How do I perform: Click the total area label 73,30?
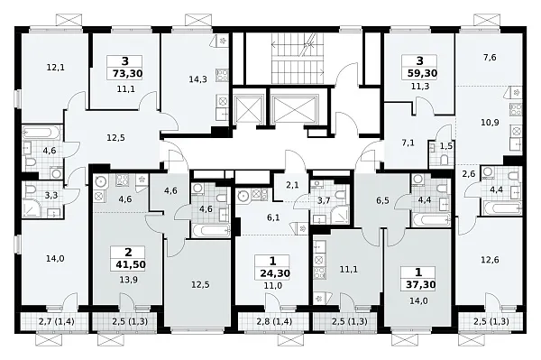coord(128,73)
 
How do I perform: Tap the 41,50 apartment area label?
coord(128,264)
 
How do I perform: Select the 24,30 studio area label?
coord(275,273)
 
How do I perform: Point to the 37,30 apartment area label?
coord(418,284)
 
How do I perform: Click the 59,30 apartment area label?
coord(420,73)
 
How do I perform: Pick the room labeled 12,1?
coord(55,68)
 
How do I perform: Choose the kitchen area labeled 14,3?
coord(197,79)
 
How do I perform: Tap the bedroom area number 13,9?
coord(128,279)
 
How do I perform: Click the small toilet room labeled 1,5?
coord(446,146)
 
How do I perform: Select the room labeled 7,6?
coord(490,58)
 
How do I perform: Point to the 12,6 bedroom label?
coord(490,260)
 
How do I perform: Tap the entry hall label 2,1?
coord(292,185)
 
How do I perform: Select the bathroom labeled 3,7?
coord(324,200)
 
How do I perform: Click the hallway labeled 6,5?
coord(382,200)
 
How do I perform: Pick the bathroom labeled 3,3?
coord(51,196)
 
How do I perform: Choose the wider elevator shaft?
coord(294,109)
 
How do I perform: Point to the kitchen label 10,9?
coord(490,122)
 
